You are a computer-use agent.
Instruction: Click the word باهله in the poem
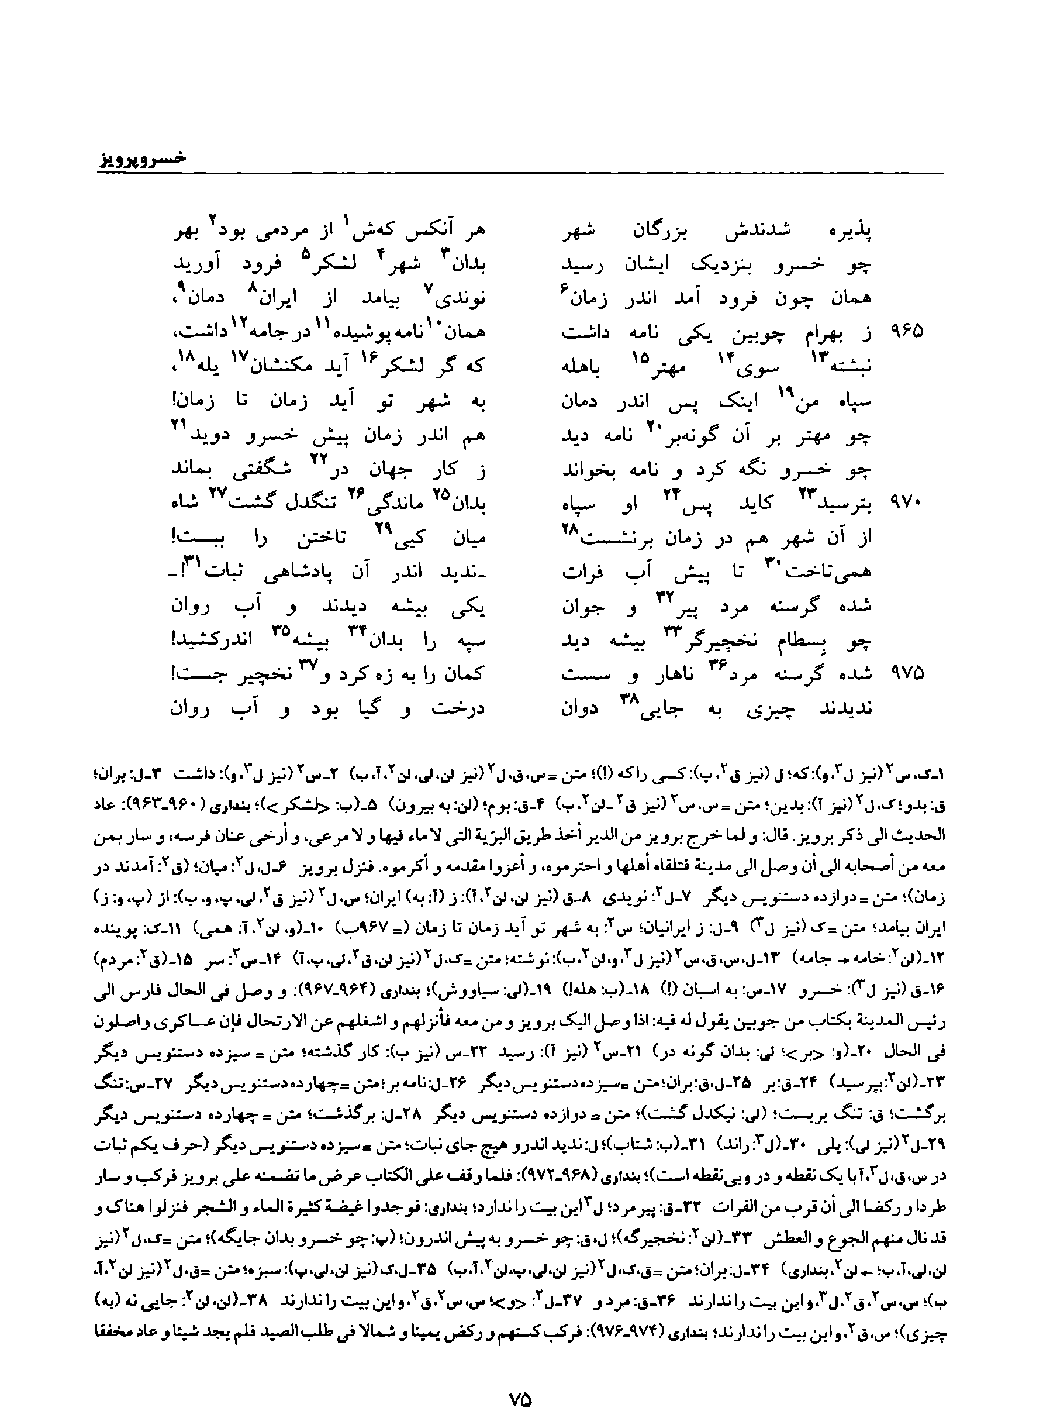pos(583,367)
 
